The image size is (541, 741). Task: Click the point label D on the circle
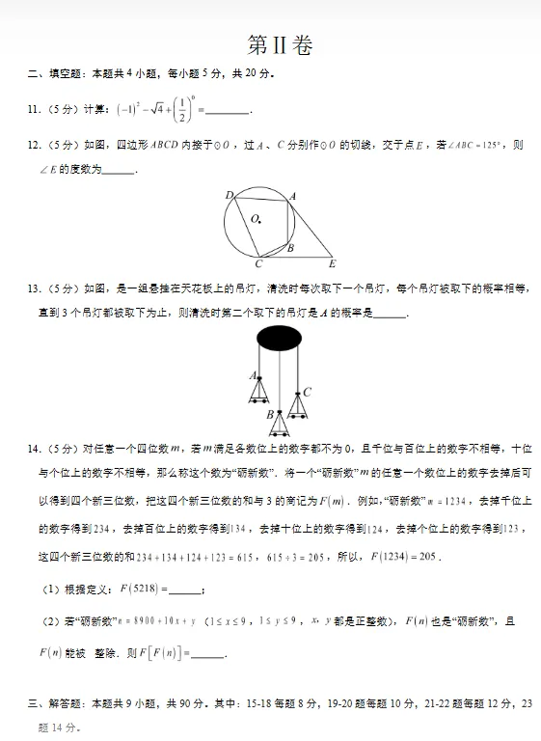pos(230,196)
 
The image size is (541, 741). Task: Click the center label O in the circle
pos(256,219)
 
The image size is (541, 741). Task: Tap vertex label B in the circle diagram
pos(289,249)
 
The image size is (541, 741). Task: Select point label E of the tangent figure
pos(332,262)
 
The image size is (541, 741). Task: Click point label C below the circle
pos(257,263)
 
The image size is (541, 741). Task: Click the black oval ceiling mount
pos(278,338)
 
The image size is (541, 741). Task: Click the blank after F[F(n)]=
pos(209,654)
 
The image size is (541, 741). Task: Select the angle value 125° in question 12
pos(490,146)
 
